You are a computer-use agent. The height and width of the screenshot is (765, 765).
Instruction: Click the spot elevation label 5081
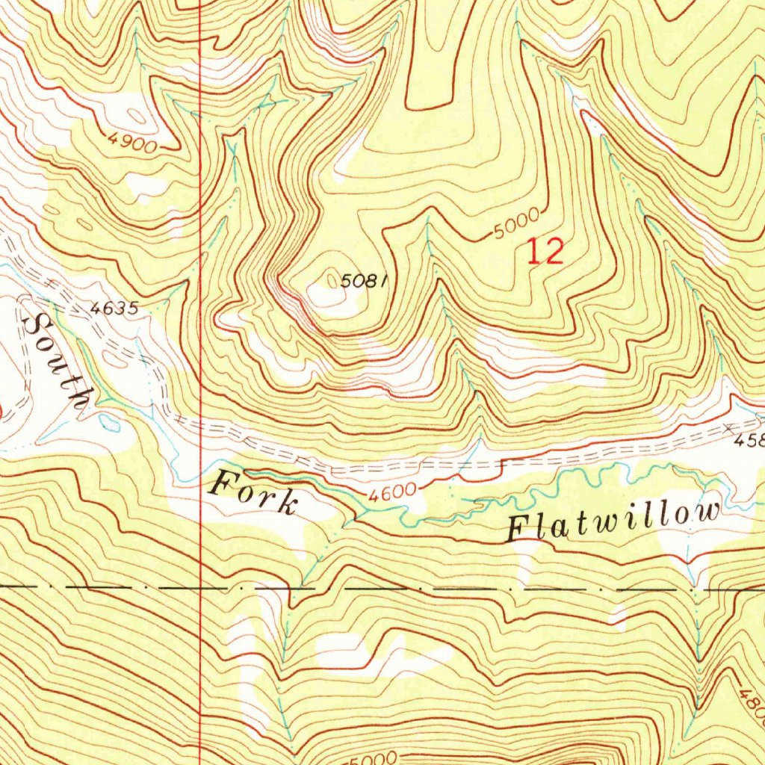point(364,282)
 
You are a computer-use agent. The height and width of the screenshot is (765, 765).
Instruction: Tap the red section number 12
point(545,252)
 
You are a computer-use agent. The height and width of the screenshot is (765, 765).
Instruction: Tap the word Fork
point(253,494)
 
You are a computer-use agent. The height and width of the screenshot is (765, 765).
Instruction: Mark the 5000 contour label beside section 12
point(515,224)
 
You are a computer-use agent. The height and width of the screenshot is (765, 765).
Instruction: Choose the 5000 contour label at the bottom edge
point(380,756)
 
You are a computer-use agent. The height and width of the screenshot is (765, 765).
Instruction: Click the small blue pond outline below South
point(111,423)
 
